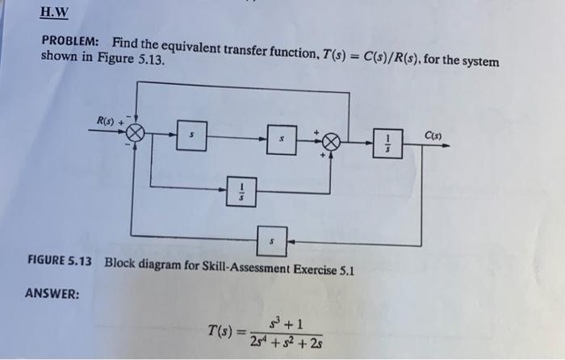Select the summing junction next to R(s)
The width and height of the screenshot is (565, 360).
tap(136, 136)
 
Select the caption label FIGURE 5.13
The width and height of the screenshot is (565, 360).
tap(61, 262)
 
